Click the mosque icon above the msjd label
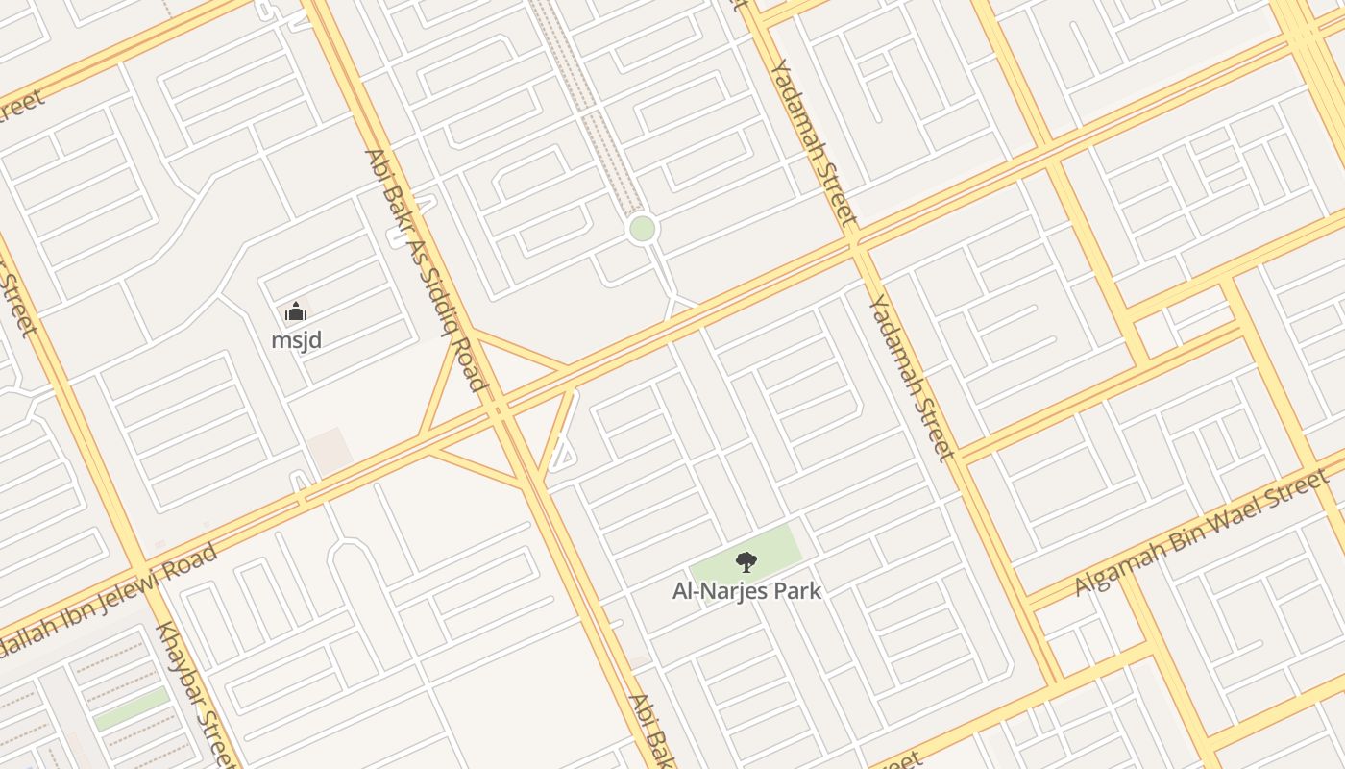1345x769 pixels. [296, 311]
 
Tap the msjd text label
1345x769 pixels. [296, 340]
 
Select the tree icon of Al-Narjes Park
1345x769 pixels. [746, 562]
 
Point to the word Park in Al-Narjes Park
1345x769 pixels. [798, 590]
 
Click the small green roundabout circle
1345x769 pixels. [642, 229]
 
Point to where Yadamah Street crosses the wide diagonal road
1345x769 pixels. [855, 240]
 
